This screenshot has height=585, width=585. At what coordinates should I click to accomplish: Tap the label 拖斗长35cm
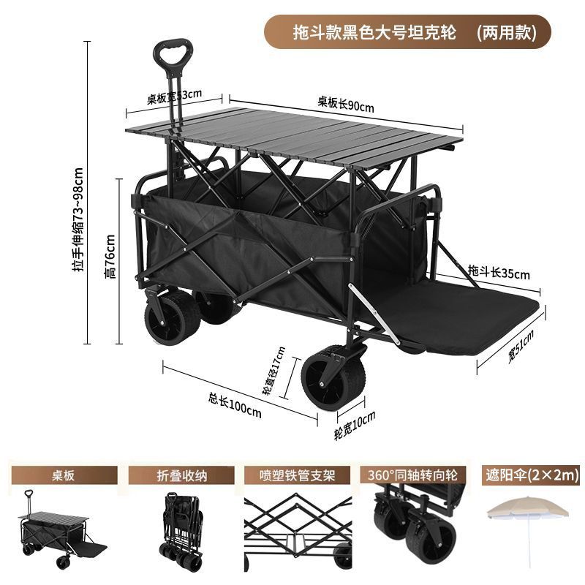coord(499,273)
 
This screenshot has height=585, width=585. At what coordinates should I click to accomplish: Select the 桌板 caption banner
coord(59,475)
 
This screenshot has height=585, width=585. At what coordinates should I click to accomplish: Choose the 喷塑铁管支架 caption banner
coord(296,475)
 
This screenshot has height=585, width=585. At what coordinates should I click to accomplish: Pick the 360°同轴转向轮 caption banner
coord(413,475)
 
